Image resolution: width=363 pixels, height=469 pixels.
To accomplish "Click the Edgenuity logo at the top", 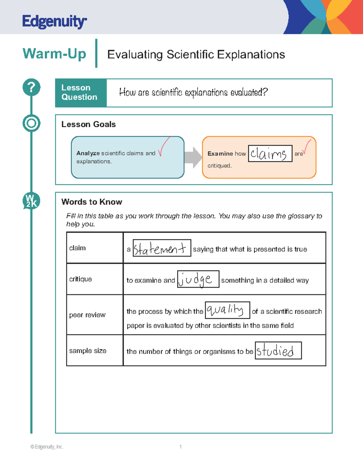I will [54, 21].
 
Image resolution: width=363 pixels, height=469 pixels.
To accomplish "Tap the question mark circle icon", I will [31, 87].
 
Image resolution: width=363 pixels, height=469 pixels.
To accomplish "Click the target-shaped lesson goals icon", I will [31, 123].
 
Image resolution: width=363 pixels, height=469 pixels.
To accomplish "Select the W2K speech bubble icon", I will [31, 201].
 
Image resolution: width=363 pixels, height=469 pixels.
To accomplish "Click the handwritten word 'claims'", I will [269, 154].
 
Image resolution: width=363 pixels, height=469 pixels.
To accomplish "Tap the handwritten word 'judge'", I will [196, 280].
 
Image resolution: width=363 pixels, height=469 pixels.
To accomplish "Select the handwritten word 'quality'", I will [225, 310].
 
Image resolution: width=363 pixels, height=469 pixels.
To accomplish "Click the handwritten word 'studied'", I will [275, 351].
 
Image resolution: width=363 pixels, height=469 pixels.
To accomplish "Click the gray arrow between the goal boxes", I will [193, 157].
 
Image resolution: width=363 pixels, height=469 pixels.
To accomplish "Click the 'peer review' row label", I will [87, 315].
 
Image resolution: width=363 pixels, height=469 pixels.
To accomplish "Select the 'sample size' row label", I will [88, 351].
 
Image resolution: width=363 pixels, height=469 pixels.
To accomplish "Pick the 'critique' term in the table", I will [80, 279].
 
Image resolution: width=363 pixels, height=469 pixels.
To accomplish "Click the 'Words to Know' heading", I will [92, 202].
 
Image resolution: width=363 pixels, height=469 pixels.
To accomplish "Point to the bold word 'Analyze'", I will [88, 153].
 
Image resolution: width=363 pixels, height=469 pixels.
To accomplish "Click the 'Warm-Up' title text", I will [54, 54].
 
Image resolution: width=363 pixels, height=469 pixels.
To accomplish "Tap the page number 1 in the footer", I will [181, 447].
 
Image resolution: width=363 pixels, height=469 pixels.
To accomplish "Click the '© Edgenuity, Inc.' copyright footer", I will [47, 447].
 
